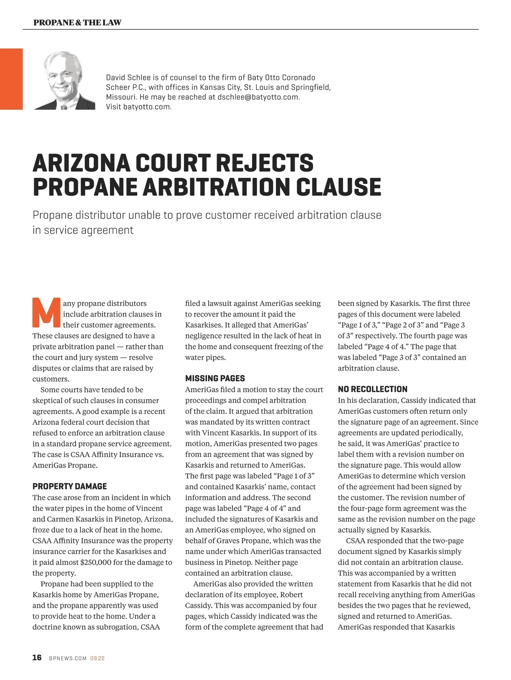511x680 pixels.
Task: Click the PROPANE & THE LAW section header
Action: point(77,23)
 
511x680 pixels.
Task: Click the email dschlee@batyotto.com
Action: point(258,97)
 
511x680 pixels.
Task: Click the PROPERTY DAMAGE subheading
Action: point(69,486)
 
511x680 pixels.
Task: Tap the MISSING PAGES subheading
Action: point(215,378)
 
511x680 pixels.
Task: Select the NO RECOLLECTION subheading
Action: point(372,389)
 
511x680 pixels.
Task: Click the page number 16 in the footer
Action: point(37,657)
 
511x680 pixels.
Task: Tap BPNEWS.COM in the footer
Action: point(68,658)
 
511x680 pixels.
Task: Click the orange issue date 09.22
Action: point(98,658)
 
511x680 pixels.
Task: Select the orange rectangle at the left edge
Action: point(11,79)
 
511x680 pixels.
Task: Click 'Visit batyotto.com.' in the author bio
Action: point(138,107)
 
